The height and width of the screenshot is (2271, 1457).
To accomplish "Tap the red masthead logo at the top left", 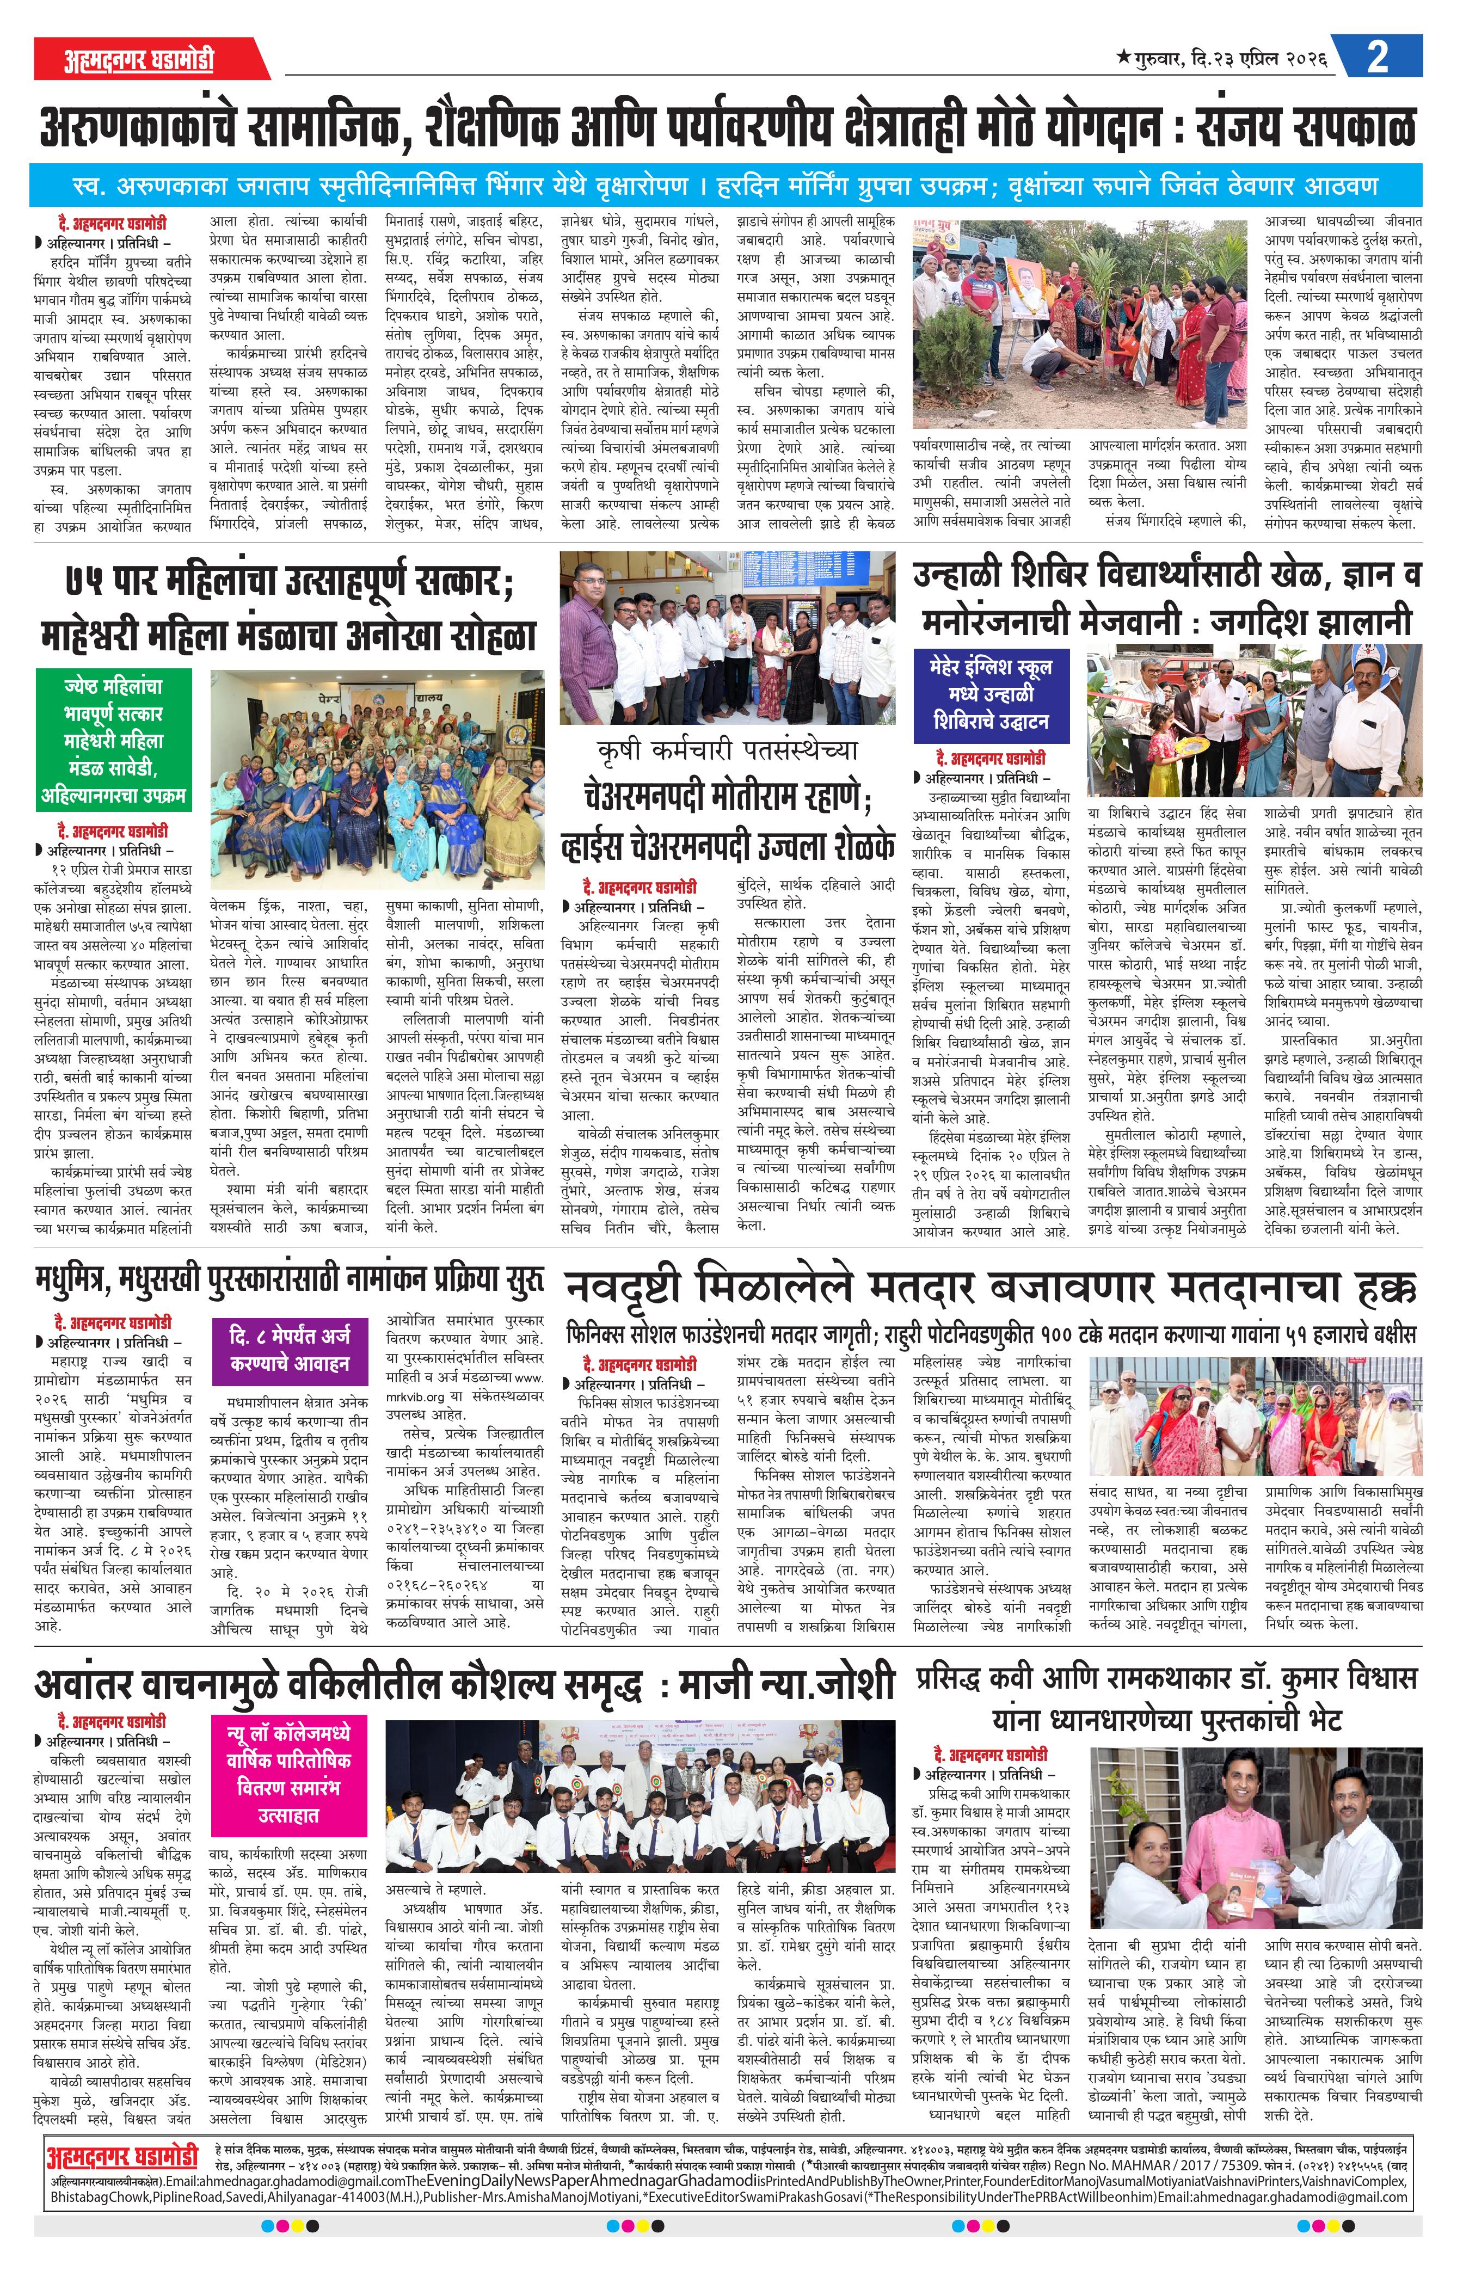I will point(140,59).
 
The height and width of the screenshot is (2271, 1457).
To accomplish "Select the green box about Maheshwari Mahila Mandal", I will point(113,740).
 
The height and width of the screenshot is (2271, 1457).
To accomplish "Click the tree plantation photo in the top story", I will point(1079,323).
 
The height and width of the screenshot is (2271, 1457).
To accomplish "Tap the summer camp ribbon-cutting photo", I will point(1253,721).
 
